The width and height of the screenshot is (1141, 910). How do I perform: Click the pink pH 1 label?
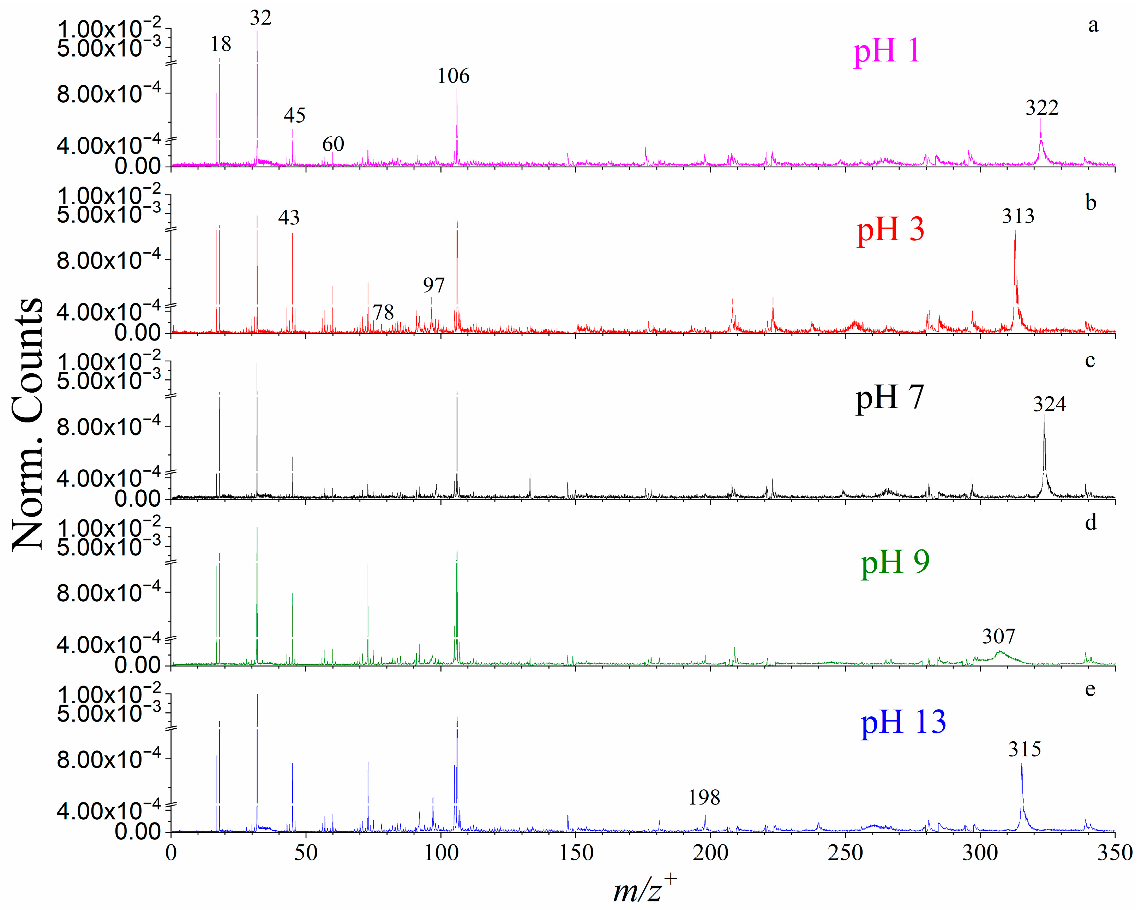click(887, 52)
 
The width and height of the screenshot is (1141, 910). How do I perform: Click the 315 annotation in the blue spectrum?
click(1024, 749)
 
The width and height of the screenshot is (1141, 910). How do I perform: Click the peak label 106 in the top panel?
click(453, 76)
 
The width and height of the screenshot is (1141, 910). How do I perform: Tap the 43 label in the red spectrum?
click(289, 217)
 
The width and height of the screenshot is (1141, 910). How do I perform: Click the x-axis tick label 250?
click(845, 853)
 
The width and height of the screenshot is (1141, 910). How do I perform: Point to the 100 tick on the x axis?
click(441, 853)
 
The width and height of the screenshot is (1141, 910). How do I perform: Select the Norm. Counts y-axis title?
click(28, 423)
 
